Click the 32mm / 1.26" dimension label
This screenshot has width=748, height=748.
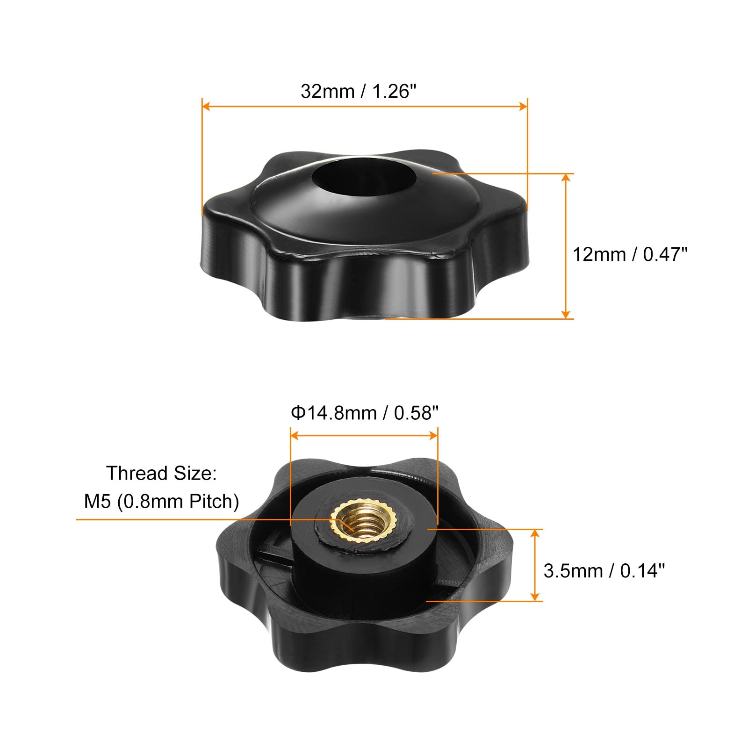coord(358,91)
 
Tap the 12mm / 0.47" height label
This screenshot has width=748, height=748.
coord(630,254)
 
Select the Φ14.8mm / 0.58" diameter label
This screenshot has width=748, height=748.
coord(365,413)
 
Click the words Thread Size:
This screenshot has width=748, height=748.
coord(161,473)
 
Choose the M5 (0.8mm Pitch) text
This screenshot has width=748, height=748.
coord(161,502)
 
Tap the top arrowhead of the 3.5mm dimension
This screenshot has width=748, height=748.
coord(536,533)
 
